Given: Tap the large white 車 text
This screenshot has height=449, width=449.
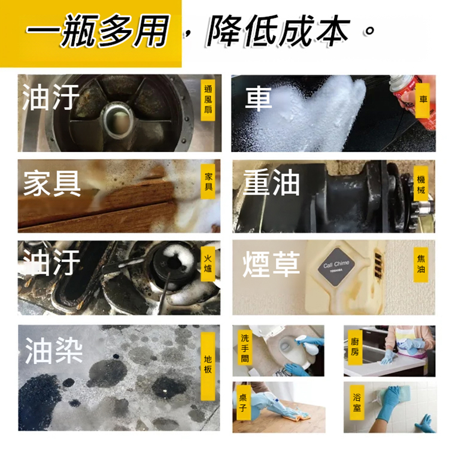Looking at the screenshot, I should point(259,99).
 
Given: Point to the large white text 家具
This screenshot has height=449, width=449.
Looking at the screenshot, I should point(52,184).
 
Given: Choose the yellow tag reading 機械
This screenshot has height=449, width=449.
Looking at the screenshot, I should point(421,184).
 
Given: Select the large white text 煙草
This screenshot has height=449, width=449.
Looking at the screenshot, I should point(271,264).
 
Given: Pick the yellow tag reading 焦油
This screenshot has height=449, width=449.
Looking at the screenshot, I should point(421,264).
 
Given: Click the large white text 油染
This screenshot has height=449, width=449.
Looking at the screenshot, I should point(53,350).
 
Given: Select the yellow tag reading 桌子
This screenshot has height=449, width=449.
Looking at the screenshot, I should point(242,405).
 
